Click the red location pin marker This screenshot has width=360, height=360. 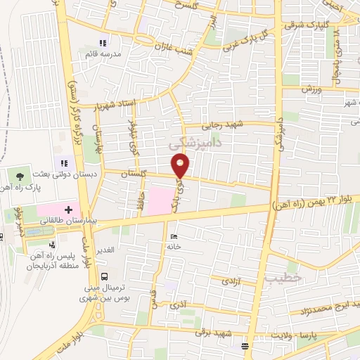point(181,166)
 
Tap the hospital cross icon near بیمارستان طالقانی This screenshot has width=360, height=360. point(68,209)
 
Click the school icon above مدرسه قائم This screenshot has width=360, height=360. point(103,44)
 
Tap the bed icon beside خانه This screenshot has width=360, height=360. point(174,237)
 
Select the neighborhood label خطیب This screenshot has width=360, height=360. point(284,278)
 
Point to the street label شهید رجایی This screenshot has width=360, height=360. point(221,126)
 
